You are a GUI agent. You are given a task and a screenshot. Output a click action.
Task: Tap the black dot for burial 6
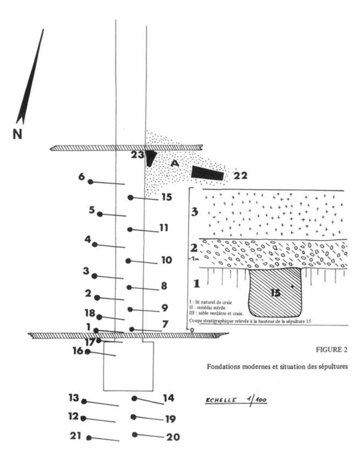[90, 181]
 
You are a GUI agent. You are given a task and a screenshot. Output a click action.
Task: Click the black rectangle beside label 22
[207, 173]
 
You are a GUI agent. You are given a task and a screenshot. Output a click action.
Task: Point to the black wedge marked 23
[151, 158]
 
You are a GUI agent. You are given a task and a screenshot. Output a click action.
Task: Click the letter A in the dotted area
[175, 163]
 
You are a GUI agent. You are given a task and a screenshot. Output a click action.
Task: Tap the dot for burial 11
[130, 229]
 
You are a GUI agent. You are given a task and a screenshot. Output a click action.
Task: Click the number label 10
[166, 260]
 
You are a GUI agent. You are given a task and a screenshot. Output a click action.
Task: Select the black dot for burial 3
[94, 276]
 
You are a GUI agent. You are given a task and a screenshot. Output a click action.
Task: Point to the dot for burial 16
[88, 351]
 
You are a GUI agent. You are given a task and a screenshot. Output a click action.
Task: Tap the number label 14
[169, 398]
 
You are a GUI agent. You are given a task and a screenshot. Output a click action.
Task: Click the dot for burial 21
[89, 438]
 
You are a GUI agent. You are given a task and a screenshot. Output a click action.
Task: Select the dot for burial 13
[84, 401]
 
